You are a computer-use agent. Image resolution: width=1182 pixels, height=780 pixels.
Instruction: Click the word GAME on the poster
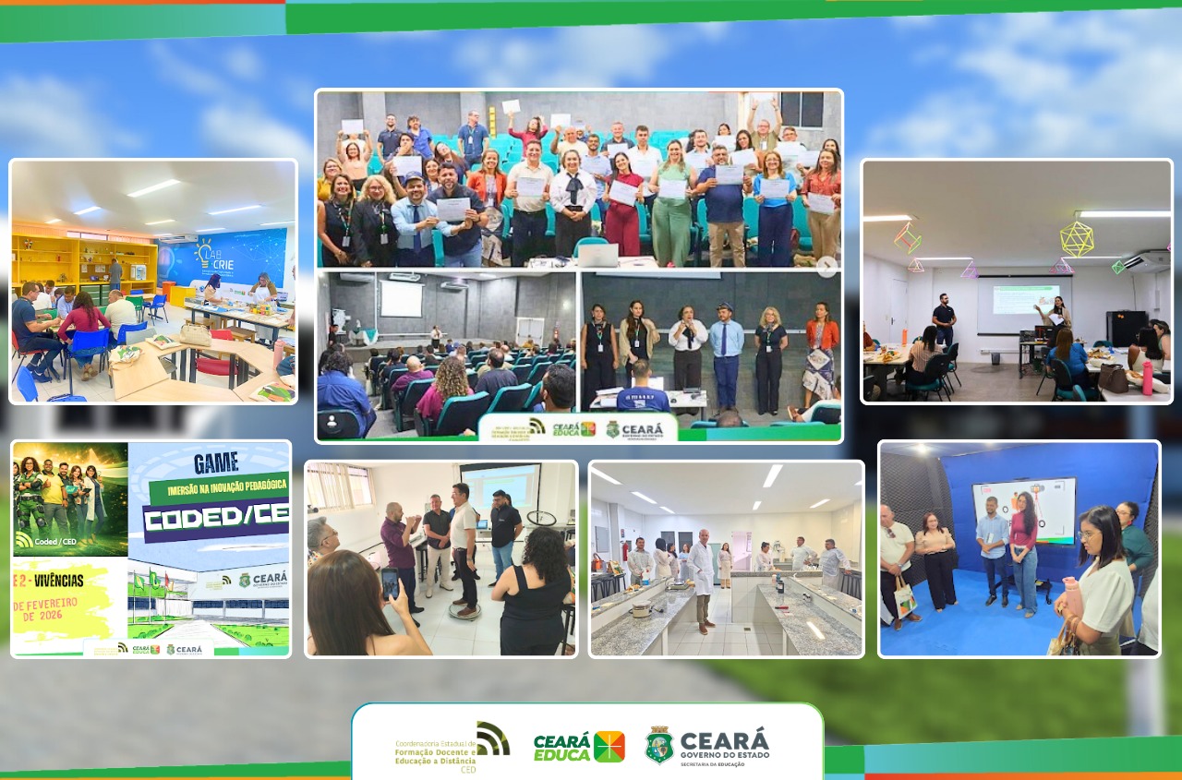click(x=216, y=462)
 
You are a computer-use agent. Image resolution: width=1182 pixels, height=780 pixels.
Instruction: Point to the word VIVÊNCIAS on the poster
click(x=51, y=581)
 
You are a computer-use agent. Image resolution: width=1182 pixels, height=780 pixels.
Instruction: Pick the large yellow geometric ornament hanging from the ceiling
click(x=1076, y=238)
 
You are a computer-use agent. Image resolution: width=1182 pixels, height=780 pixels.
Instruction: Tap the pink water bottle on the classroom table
click(x=1147, y=378)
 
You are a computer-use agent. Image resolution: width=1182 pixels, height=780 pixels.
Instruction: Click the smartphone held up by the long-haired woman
click(x=390, y=582)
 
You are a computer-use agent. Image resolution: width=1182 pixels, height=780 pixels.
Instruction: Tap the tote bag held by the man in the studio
click(x=904, y=597)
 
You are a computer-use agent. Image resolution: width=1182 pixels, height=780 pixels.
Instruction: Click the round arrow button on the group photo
click(x=826, y=266)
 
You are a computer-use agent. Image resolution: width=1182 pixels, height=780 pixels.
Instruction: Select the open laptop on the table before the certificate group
click(x=597, y=256)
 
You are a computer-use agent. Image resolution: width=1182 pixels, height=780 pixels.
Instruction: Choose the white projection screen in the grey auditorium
click(x=401, y=299)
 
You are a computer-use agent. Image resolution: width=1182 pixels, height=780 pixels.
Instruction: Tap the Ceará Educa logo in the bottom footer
click(x=579, y=746)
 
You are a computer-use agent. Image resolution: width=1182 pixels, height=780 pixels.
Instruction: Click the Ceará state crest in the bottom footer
click(x=658, y=745)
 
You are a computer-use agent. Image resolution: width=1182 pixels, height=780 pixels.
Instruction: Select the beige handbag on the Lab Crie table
click(x=195, y=333)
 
